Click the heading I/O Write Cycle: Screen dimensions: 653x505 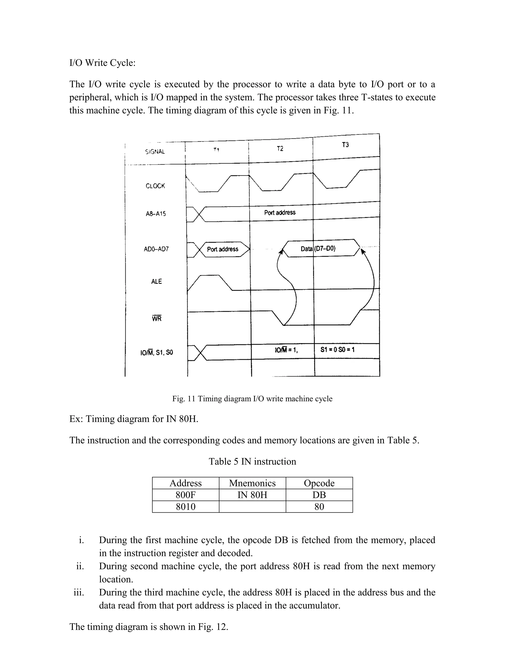click(102, 63)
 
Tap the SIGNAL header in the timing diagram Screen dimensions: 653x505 click(155, 152)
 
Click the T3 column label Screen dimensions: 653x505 click(345, 145)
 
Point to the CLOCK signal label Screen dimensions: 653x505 click(155, 186)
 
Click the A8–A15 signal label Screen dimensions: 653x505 click(156, 214)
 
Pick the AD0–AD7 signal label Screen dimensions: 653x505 click(156, 249)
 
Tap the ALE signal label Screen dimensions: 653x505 click(157, 281)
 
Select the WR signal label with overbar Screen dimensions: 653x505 click(157, 319)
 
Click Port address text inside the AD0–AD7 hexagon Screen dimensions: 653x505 click(223, 249)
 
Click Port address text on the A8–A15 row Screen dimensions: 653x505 click(280, 213)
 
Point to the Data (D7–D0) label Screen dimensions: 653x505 click(318, 248)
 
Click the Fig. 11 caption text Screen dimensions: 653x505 click(252, 398)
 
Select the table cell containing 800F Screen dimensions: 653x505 click(185, 495)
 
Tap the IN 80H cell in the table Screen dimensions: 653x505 click(252, 495)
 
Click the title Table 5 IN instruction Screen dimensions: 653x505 click(252, 461)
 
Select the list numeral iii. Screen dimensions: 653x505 click(79, 592)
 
